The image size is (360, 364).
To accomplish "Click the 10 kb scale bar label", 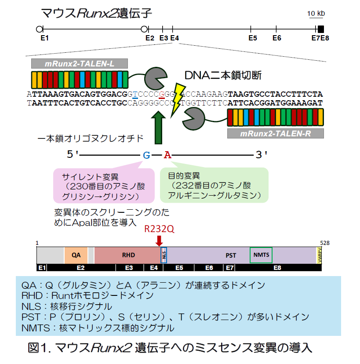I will coord(316,14).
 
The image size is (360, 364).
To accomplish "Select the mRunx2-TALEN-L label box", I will coord(80,64).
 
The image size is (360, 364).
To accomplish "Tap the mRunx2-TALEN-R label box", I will coord(276,134).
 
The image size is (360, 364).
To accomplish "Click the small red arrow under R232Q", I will coord(159,240).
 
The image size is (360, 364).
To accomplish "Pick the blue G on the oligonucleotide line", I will coord(146,155).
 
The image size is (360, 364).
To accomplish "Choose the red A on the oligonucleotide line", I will coord(167,155).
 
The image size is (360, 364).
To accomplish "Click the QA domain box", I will coord(76,255).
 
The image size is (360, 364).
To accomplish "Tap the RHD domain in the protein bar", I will coord(128,255).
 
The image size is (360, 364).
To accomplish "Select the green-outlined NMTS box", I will coord(261,255).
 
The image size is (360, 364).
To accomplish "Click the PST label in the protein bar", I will coord(231,255).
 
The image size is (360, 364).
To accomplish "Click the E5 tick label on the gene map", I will coord(252,38).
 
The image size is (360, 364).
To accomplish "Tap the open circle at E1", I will coord(39,29).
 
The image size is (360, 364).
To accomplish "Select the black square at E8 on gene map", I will coord(321,29).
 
